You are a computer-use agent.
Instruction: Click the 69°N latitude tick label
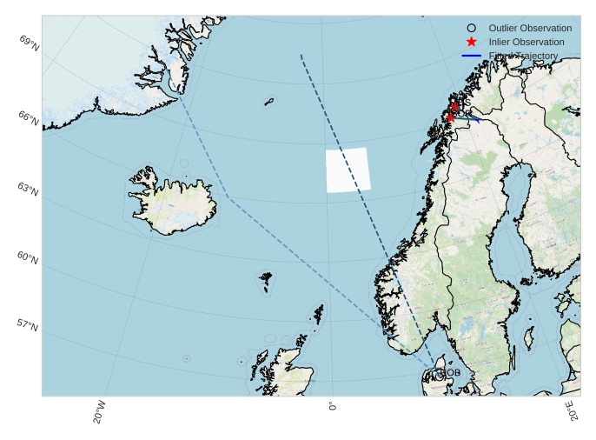29,40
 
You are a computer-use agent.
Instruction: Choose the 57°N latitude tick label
29,326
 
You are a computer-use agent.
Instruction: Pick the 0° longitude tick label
333,405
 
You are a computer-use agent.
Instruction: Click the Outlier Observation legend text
530,29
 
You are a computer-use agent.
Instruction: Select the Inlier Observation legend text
526,42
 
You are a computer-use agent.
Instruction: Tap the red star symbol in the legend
472,42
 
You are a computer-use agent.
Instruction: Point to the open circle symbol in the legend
472,29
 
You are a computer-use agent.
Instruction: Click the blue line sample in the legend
472,56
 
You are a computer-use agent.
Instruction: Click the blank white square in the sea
348,170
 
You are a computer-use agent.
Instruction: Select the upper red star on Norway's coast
454,106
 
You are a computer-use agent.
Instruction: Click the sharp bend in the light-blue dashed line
228,198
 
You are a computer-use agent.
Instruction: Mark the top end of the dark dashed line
301,55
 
